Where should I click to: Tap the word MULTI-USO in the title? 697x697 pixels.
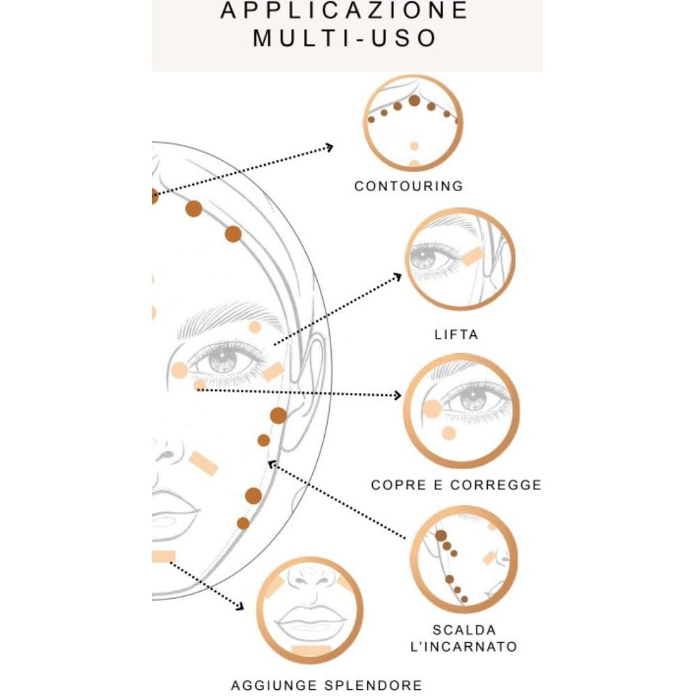(345, 38)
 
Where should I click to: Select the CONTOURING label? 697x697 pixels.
(408, 186)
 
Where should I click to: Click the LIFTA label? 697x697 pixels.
(456, 335)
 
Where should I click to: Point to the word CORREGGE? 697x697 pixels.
(496, 484)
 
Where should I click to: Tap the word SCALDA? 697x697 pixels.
(464, 630)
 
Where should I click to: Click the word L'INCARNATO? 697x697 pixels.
(464, 646)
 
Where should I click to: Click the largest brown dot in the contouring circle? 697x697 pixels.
(414, 100)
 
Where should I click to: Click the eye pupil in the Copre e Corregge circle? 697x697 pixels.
(474, 398)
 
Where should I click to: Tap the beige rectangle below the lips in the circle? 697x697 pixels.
(311, 650)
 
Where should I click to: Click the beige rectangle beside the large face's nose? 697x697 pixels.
(203, 464)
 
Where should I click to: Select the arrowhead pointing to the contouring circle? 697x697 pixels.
(329, 147)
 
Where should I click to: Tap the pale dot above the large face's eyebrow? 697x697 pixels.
(254, 327)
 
